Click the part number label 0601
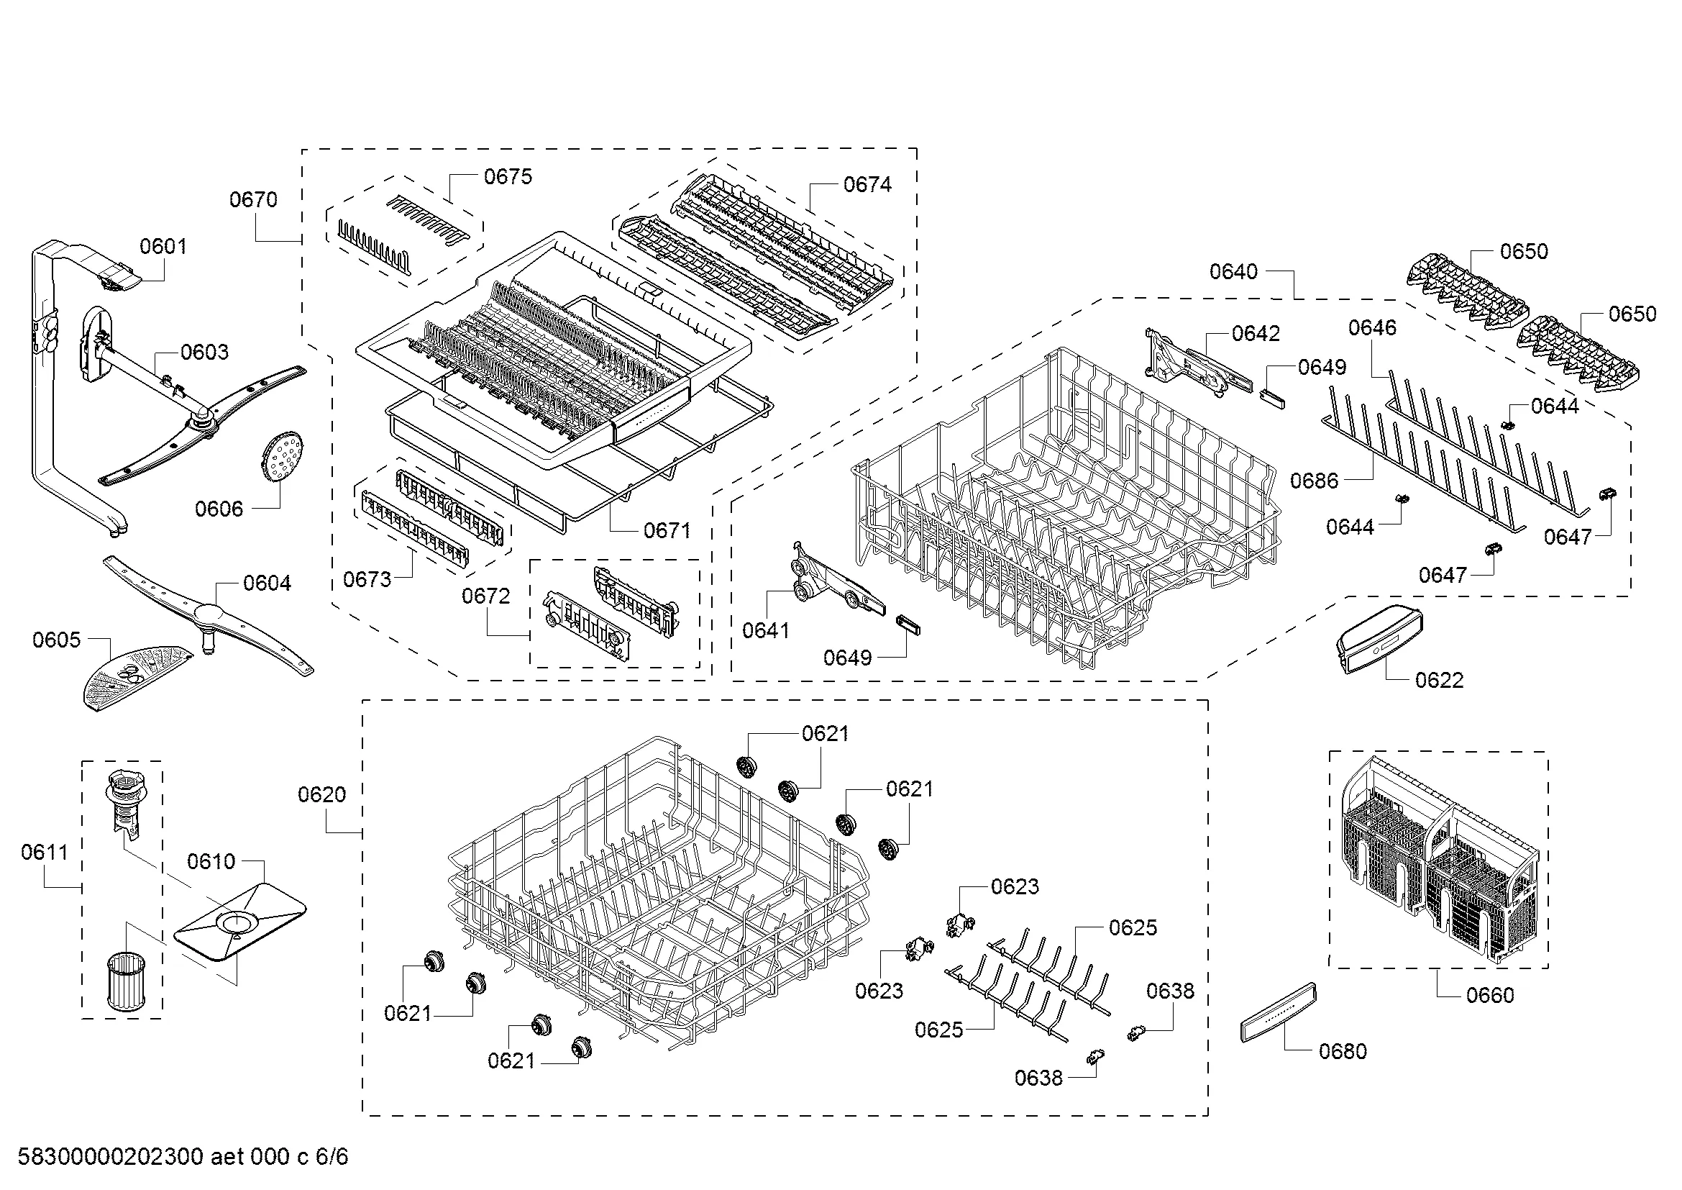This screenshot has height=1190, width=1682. (163, 246)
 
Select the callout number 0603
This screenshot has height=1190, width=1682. (204, 352)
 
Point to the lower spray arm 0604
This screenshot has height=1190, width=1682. (207, 614)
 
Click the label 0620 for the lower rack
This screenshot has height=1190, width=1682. (321, 794)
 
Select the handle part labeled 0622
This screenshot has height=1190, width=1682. (1379, 641)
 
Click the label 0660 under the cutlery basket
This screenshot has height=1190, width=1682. (1490, 994)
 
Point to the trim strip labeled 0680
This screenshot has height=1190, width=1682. (1279, 1012)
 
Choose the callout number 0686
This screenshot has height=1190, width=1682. (1315, 481)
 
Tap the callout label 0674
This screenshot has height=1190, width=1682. (867, 185)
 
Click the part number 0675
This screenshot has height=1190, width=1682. (508, 176)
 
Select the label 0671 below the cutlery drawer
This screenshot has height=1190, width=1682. (667, 530)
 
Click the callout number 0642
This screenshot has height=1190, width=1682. (1256, 333)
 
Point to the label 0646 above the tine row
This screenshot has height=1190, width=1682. (1372, 327)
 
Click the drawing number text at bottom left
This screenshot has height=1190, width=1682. (183, 1157)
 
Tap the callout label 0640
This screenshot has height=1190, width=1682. (1234, 272)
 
